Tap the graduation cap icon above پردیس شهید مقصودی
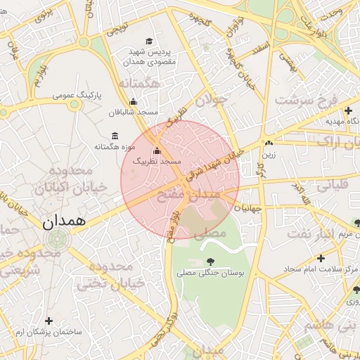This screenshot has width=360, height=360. [148, 41]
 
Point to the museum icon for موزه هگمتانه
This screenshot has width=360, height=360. [115, 136]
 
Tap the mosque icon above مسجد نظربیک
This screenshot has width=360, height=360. [156, 150]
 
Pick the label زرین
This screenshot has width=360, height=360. [269, 154]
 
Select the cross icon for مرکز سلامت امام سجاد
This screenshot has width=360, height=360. [321, 258]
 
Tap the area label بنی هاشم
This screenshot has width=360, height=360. [329, 326]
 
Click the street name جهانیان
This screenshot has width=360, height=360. [247, 208]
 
